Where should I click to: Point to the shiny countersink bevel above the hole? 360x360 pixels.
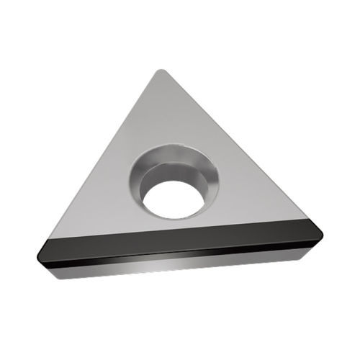[169, 155]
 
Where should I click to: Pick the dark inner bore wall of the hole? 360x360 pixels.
[173, 176]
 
